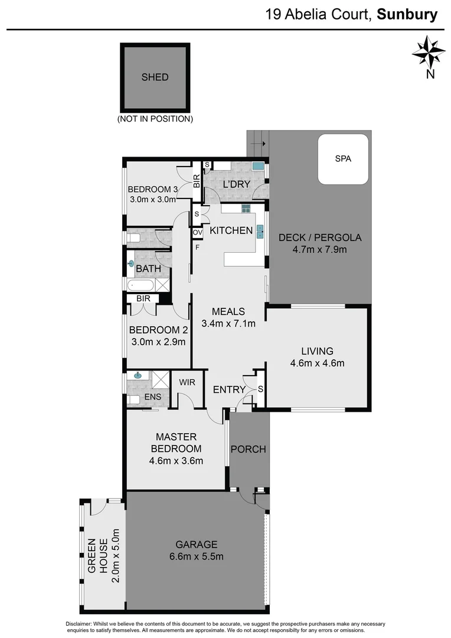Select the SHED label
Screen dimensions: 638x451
155,77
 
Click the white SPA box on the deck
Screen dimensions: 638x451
344,159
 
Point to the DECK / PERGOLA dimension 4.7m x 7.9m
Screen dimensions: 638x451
319,250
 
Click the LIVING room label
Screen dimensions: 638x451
317,351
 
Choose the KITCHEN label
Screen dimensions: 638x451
231,230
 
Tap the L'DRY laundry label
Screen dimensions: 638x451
236,185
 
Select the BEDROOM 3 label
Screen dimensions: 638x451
153,189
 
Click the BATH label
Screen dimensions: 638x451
149,269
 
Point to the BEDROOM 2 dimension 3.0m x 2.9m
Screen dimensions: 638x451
157,341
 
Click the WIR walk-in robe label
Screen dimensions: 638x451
187,383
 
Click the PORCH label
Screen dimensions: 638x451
248,449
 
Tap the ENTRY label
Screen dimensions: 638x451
229,389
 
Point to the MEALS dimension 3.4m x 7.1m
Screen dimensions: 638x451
228,323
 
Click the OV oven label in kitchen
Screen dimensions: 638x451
197,233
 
